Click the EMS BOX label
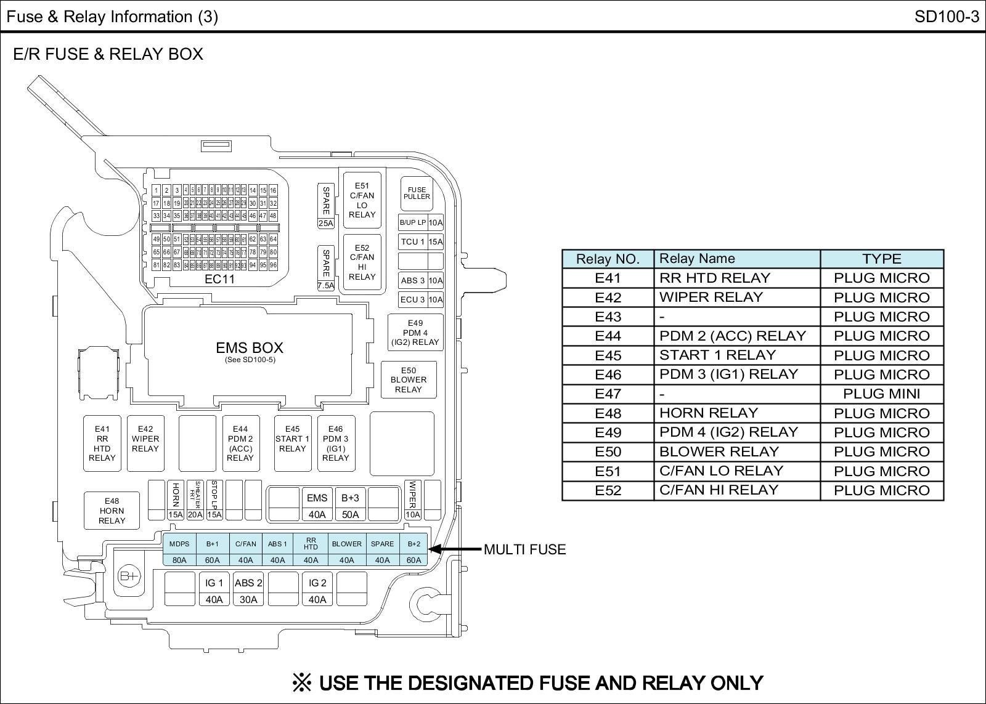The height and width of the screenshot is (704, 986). [250, 349]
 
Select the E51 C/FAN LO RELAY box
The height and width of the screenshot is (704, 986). [362, 200]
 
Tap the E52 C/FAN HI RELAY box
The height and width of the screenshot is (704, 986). [362, 262]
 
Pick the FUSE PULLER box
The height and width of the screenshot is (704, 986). [417, 193]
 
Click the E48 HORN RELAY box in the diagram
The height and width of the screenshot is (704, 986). [112, 511]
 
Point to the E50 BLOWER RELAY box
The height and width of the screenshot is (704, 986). [408, 380]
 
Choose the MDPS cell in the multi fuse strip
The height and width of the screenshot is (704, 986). [179, 544]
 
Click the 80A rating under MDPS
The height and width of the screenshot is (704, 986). [179, 560]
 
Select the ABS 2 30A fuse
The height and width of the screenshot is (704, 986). [248, 591]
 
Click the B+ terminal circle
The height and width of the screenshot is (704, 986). [129, 576]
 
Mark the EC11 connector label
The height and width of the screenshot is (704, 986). [219, 279]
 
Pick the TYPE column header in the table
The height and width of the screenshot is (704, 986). [881, 259]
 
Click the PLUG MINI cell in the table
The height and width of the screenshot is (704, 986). [881, 394]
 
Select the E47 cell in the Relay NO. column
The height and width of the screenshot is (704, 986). [608, 394]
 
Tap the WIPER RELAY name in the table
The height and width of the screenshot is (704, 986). [711, 297]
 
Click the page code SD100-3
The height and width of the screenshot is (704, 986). [947, 17]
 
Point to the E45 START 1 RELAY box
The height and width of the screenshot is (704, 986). [292, 443]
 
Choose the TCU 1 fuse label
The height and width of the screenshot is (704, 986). [413, 241]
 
